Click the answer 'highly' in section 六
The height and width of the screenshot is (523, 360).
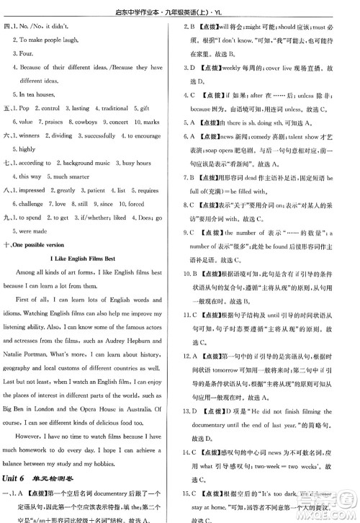point(25,149)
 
